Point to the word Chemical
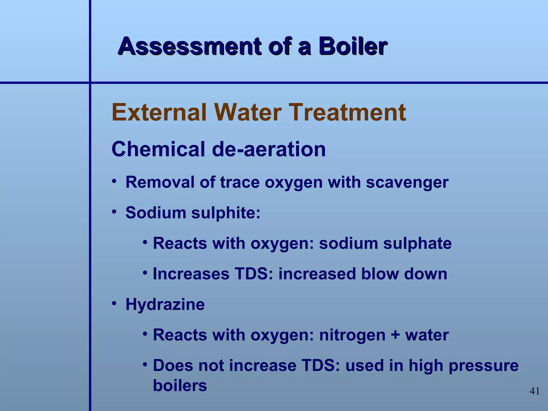click(x=158, y=149)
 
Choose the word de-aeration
click(x=269, y=149)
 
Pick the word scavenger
click(x=407, y=183)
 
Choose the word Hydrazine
click(x=165, y=305)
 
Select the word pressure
click(x=484, y=366)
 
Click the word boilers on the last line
click(x=180, y=385)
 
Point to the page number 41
click(x=535, y=391)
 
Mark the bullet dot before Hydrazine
click(x=114, y=303)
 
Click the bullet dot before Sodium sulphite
click(x=114, y=212)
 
